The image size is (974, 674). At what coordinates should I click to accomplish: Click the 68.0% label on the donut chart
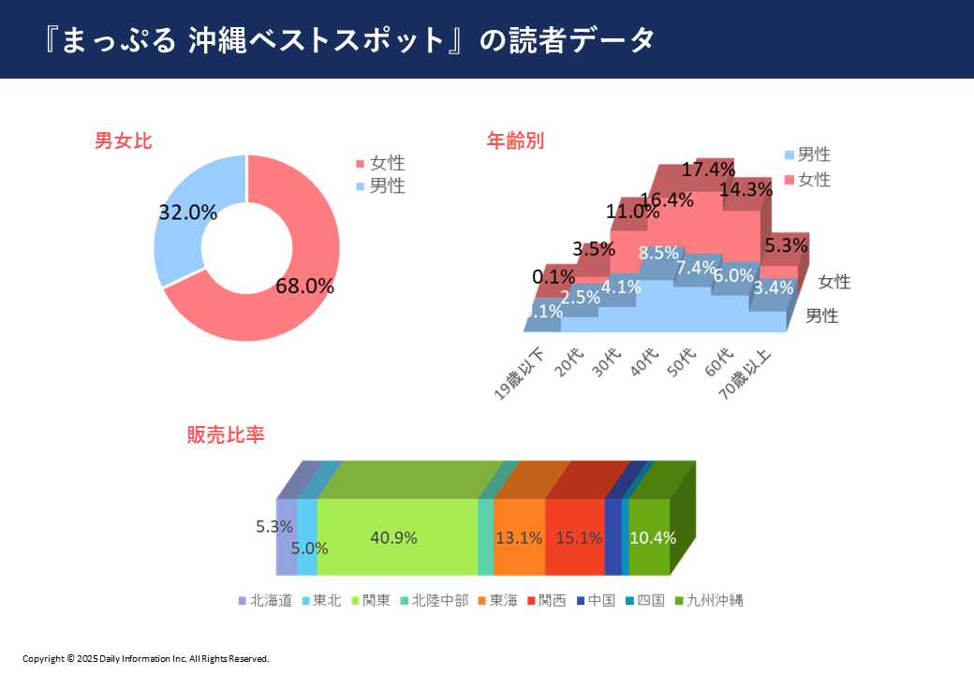[x=304, y=286]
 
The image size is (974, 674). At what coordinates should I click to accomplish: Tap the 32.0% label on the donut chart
[x=187, y=212]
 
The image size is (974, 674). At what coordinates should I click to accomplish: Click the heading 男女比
[x=123, y=141]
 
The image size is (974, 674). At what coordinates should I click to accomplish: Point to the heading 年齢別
[x=515, y=140]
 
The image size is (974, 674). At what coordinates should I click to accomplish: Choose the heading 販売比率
[x=226, y=435]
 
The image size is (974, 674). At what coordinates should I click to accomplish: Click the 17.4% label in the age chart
[x=707, y=170]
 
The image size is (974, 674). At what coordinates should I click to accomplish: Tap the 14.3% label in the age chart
[x=746, y=189]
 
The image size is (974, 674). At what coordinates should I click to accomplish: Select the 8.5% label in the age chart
[x=658, y=253]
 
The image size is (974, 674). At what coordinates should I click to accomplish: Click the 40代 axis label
[x=644, y=361]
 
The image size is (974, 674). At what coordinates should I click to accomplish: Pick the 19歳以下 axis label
[x=520, y=374]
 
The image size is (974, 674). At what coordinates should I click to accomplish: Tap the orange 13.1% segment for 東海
[x=519, y=537]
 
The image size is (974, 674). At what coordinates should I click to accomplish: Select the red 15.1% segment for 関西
[x=574, y=537]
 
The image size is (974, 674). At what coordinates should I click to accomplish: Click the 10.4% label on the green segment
[x=653, y=537]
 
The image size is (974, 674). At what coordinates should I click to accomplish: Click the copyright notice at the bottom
[x=146, y=658]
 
